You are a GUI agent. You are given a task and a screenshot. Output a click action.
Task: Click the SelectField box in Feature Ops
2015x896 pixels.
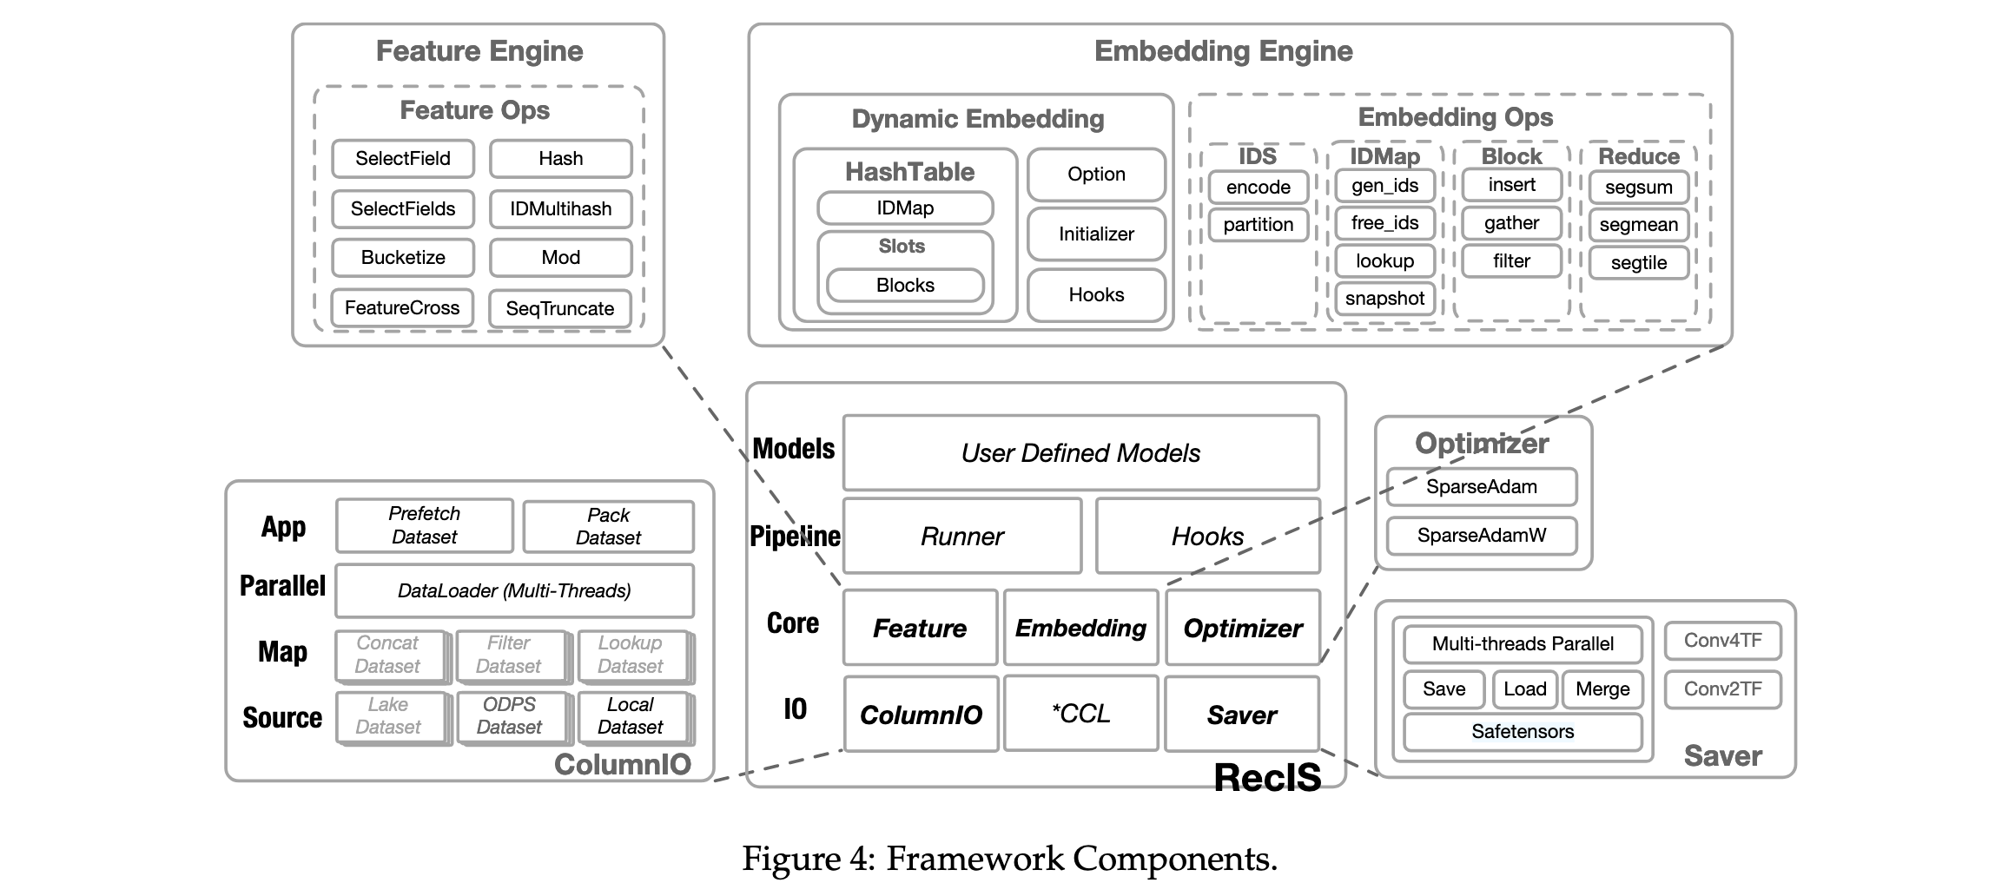click(x=403, y=159)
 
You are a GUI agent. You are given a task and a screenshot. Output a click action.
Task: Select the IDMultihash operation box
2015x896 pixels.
click(x=561, y=209)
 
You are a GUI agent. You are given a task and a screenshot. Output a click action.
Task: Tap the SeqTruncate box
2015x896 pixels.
click(x=560, y=309)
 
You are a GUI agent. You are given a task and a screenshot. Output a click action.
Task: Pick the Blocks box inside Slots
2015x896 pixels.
click(x=905, y=286)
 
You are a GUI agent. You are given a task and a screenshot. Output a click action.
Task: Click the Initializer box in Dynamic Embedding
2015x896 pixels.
click(x=1096, y=234)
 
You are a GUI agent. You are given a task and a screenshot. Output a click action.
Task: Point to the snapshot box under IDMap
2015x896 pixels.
click(x=1384, y=299)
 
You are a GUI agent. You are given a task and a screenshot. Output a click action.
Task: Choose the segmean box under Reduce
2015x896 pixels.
click(x=1638, y=225)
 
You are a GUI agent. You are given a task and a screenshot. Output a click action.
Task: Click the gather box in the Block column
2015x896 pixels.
click(x=1511, y=223)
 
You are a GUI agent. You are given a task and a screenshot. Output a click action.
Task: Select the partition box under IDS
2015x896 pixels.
click(x=1258, y=225)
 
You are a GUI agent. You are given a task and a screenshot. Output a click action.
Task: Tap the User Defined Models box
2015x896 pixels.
click(x=1080, y=453)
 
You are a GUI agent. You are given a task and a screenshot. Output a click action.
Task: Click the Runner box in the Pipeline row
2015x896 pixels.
click(x=962, y=537)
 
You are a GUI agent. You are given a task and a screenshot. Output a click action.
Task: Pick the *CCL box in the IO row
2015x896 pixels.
click(x=1080, y=714)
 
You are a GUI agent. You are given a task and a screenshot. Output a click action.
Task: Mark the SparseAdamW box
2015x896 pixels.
click(x=1482, y=536)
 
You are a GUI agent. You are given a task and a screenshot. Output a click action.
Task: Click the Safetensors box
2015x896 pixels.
click(x=1523, y=732)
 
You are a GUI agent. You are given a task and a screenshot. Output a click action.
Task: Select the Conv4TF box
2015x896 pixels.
click(x=1722, y=641)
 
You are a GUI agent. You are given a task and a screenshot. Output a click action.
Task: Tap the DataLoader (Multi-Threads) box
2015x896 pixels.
click(x=514, y=591)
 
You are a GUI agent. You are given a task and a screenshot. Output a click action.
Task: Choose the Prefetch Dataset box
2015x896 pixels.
click(x=424, y=525)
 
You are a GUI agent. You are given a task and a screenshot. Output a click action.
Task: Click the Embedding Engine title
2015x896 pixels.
click(x=1223, y=51)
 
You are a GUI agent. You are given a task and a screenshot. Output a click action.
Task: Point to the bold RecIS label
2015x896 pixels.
click(x=1267, y=778)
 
